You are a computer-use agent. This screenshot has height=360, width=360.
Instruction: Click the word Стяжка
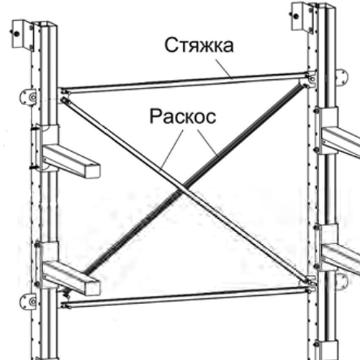(x=199, y=45)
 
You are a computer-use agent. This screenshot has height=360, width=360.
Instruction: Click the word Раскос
(x=183, y=117)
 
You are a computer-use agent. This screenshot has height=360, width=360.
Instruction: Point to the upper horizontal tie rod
(x=185, y=82)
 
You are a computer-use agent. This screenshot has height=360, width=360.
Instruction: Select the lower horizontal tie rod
(x=186, y=297)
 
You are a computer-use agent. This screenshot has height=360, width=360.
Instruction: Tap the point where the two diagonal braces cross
(x=183, y=189)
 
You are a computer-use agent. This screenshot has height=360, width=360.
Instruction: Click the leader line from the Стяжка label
(x=224, y=69)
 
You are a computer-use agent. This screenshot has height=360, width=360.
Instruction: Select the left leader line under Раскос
(x=172, y=149)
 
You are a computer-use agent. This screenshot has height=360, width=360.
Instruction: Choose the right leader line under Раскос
(x=207, y=142)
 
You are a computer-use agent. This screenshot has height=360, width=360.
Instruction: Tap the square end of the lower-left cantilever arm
(x=92, y=287)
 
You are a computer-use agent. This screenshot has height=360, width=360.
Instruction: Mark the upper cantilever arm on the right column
(x=341, y=142)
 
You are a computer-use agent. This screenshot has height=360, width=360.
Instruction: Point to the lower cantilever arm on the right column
(x=341, y=257)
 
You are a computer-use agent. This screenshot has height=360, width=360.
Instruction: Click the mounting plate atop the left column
(x=23, y=35)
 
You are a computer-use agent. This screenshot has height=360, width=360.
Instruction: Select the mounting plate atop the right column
(x=302, y=17)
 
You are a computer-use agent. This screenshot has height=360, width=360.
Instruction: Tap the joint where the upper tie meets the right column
(x=309, y=78)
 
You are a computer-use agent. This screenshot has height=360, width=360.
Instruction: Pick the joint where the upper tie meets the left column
(x=64, y=92)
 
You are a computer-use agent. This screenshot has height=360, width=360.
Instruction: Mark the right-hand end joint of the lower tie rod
(x=311, y=287)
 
